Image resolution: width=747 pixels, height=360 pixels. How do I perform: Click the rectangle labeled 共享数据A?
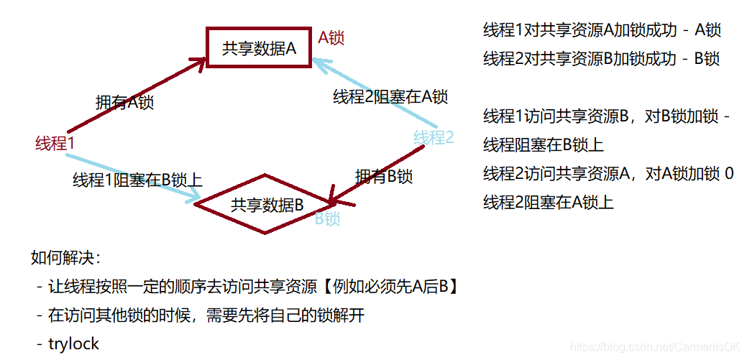click(x=260, y=48)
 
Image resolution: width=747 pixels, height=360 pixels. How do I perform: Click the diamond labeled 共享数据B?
click(x=267, y=204)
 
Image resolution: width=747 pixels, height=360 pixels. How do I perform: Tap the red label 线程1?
click(x=55, y=143)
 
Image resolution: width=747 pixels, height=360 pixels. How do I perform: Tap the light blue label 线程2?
click(x=434, y=137)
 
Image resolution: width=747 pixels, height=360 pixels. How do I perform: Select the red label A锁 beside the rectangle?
click(x=331, y=38)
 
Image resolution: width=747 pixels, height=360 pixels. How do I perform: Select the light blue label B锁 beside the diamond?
click(x=327, y=219)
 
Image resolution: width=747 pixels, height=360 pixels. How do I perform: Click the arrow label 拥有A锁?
click(x=124, y=102)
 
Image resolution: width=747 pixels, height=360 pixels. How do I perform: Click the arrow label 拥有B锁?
click(x=384, y=176)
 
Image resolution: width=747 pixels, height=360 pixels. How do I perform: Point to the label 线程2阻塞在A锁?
click(x=390, y=97)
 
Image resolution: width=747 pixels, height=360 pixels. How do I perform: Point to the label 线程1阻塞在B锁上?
click(x=137, y=180)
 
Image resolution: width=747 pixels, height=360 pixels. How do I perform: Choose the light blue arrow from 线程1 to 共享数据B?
click(x=137, y=180)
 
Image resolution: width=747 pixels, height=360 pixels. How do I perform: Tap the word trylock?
click(x=73, y=343)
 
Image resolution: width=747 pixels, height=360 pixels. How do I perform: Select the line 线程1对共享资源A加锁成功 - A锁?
click(x=602, y=30)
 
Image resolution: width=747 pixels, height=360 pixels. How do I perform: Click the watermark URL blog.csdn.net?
click(x=655, y=346)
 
